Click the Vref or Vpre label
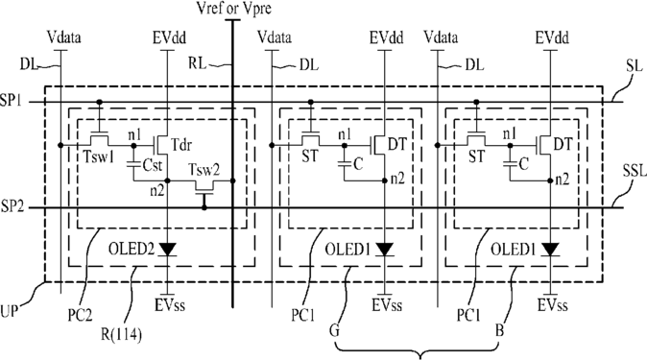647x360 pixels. [x=234, y=9]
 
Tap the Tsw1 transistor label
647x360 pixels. [x=97, y=157]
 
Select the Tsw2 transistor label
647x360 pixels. [x=204, y=170]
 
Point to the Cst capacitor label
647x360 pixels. [x=153, y=165]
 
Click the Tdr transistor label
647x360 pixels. [x=181, y=145]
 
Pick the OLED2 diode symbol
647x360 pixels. [x=168, y=249]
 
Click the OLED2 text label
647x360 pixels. [x=132, y=249]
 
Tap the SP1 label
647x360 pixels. [x=12, y=101]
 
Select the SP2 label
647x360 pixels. [x=12, y=206]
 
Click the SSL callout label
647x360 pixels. [x=635, y=171]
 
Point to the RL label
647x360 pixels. [x=197, y=64]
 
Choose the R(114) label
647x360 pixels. [x=121, y=334]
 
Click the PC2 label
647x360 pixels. [x=80, y=316]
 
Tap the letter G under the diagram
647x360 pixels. [x=334, y=330]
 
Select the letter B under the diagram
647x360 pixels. [x=500, y=330]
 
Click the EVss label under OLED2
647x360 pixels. [x=170, y=305]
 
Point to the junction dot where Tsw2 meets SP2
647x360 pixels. [x=204, y=207]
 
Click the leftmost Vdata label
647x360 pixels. [x=64, y=37]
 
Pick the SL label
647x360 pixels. [x=635, y=66]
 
